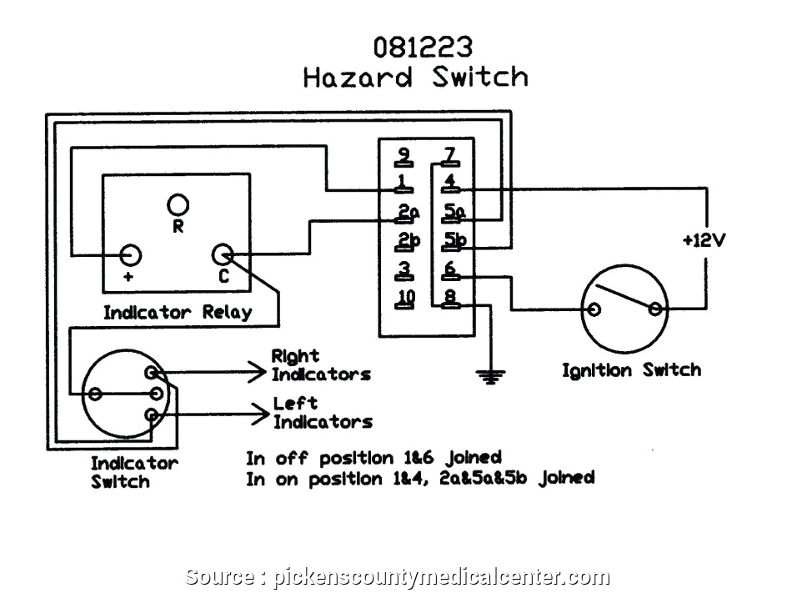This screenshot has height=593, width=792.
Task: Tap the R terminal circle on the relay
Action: [x=178, y=204]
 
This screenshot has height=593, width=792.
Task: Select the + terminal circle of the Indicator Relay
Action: [x=130, y=254]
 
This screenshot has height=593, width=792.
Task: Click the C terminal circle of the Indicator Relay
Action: [x=223, y=254]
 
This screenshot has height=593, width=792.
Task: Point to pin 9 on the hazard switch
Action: [x=404, y=155]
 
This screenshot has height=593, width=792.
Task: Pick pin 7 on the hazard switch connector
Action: [x=450, y=155]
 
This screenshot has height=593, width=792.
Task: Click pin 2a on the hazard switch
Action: [x=406, y=214]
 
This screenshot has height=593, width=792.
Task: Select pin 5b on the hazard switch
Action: [x=454, y=243]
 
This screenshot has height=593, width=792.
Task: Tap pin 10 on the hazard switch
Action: [x=406, y=299]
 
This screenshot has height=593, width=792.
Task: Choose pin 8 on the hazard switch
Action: [x=450, y=299]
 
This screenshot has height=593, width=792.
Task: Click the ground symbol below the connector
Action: [x=490, y=377]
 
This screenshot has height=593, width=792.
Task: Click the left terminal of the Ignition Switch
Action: [x=594, y=309]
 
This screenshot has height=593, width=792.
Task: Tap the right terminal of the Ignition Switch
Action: [x=657, y=309]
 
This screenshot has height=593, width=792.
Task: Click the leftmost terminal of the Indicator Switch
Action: [x=95, y=393]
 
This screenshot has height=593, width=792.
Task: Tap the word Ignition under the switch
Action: [x=594, y=370]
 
